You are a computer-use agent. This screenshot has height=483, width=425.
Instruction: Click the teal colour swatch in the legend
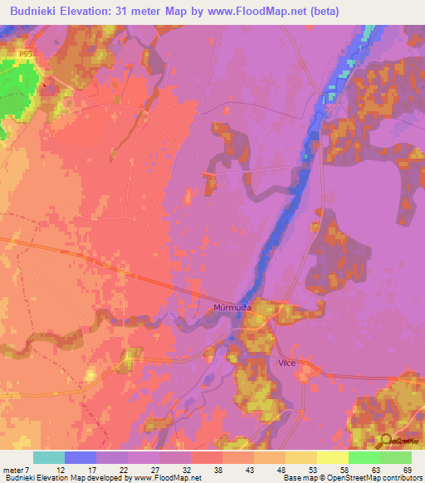pyautogui.click(x=49, y=457)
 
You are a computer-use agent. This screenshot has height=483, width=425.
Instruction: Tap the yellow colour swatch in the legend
pyautogui.click(x=301, y=457)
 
